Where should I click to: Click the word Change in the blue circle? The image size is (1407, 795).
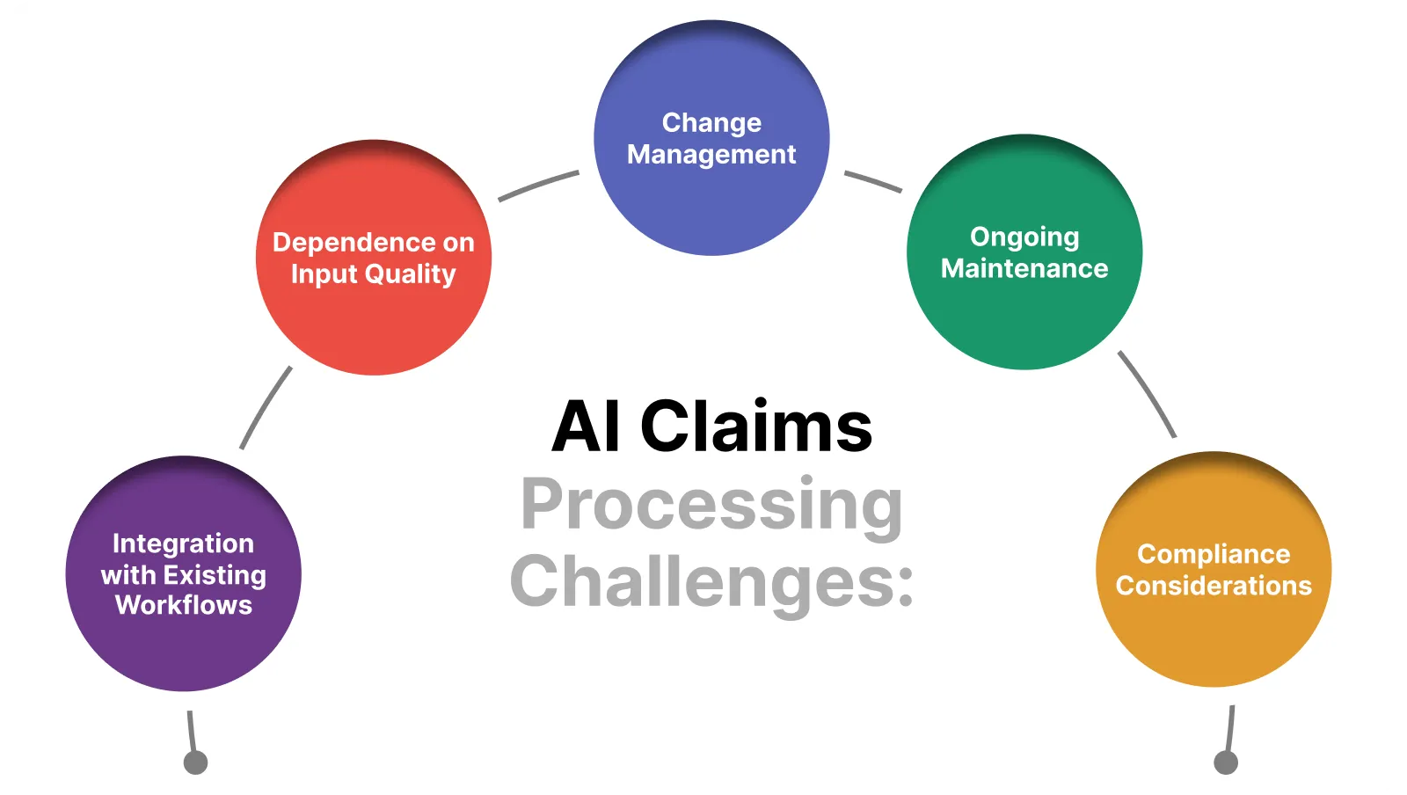[711, 122]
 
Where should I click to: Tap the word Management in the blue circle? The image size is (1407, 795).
[711, 155]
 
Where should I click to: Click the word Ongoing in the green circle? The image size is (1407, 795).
[1024, 237]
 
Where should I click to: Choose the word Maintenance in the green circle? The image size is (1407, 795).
[1024, 268]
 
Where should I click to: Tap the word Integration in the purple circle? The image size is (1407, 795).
[183, 543]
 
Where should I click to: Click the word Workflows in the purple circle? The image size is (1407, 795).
[183, 605]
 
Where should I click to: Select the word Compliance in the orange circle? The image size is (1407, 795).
[1214, 554]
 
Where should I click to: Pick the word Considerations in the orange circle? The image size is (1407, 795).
[1214, 586]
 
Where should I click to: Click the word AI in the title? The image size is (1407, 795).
[586, 427]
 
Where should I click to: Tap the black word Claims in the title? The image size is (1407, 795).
[756, 427]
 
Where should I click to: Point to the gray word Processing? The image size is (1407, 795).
[711, 506]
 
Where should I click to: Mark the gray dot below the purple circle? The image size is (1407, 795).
[195, 762]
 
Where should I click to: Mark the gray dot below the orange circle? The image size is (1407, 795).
[1226, 762]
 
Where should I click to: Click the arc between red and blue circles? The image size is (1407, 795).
[537, 185]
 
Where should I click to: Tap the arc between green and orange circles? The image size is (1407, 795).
[1148, 393]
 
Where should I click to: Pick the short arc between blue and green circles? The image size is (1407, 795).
[873, 181]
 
